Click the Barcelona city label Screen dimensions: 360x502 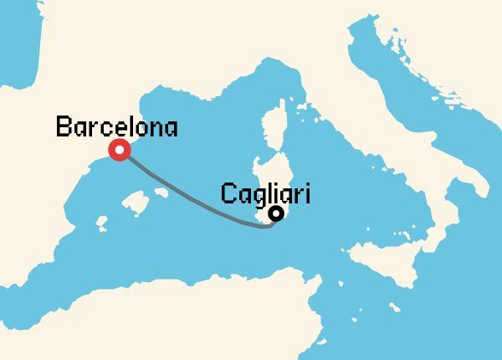point(116,128)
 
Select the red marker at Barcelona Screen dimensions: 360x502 point(120,150)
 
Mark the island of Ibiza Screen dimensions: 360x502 point(101,224)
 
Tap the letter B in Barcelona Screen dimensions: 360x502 point(63,128)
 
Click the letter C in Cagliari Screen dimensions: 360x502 point(228,193)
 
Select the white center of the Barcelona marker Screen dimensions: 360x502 point(120,150)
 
